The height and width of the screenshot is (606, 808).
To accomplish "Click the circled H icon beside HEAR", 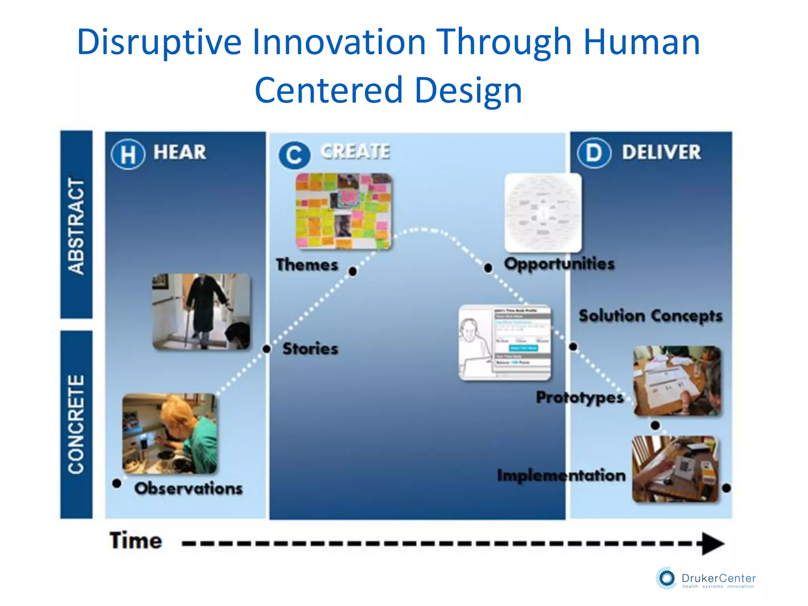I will click(x=128, y=154).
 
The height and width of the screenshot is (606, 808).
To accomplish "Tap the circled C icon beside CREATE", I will click(x=294, y=155).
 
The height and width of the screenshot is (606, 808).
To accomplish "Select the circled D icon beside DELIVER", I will click(x=594, y=153).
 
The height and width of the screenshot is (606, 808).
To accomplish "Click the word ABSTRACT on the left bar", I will click(x=76, y=226).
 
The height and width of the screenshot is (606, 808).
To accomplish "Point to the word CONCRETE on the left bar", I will click(x=76, y=424).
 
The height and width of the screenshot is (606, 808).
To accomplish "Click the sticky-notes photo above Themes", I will click(x=344, y=211).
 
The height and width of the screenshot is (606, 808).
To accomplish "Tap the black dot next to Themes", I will click(x=353, y=271).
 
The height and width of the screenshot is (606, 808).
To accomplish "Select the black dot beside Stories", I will click(x=267, y=349).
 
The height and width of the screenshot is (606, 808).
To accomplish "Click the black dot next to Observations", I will click(x=116, y=483).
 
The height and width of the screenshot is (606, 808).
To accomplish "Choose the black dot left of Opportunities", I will click(x=488, y=268).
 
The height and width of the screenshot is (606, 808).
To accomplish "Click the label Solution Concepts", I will click(x=650, y=316).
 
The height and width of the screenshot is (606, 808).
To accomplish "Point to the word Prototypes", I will click(x=580, y=397).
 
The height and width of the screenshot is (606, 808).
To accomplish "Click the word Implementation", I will click(x=561, y=475).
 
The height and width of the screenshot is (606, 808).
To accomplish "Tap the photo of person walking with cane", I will click(x=201, y=312).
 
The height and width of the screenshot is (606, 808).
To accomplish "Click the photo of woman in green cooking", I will click(x=170, y=433).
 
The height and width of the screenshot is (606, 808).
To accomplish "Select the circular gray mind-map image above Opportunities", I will click(x=543, y=213).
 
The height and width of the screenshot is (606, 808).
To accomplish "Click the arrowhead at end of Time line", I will click(x=713, y=544).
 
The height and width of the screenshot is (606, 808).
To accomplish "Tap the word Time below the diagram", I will click(x=136, y=541).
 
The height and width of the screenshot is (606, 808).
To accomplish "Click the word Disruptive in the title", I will click(x=159, y=42).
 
